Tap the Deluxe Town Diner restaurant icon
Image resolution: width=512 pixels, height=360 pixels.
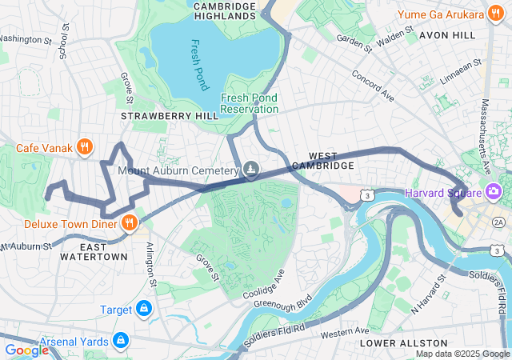click(128, 223)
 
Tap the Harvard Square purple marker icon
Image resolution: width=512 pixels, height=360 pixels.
click(494, 192)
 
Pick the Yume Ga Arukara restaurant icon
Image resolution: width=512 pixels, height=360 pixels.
click(498, 14)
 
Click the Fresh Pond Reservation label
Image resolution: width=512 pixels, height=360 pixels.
click(250, 102)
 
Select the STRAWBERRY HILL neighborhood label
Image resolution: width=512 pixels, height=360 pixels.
click(169, 116)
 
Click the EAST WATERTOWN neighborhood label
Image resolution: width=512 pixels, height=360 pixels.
click(94, 257)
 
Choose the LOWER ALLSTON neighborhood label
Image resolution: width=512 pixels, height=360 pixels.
click(396, 343)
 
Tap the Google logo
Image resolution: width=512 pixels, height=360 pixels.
click(26, 350)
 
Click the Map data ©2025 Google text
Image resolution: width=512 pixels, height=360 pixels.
click(462, 354)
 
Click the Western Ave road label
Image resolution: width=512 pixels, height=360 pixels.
click(346, 330)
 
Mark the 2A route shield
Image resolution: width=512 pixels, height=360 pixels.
click(499, 222)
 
